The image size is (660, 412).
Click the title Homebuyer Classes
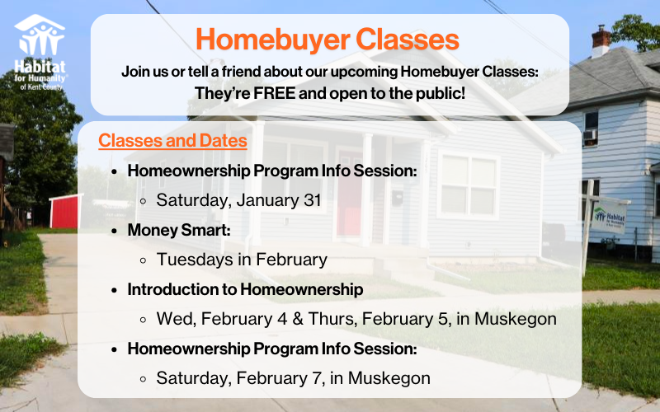tap(328, 39)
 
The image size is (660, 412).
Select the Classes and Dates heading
tap(172, 141)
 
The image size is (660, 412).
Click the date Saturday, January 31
tap(238, 199)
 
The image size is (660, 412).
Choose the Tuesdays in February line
tap(242, 260)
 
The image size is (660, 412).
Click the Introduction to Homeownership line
tap(245, 289)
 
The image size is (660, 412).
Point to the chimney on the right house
tap(601, 40)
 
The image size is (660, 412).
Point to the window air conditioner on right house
tap(590, 137)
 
